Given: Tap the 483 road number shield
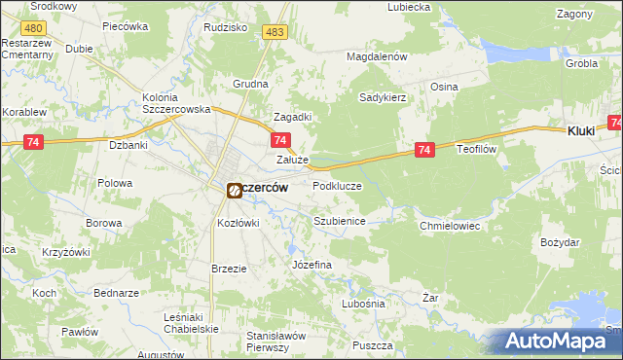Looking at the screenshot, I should tap(275, 33).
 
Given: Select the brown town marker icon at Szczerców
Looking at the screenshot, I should tap(235, 191).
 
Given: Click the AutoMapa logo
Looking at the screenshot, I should tap(562, 341).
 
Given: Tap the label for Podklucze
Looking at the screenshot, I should tap(337, 186).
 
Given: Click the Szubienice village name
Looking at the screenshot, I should tap(339, 222).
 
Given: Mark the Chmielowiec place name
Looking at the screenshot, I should tap(450, 226).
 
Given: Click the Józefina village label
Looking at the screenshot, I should tap(311, 265).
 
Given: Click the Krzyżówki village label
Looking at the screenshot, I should tap(66, 252).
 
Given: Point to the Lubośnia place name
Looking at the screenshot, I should tap(364, 304).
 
